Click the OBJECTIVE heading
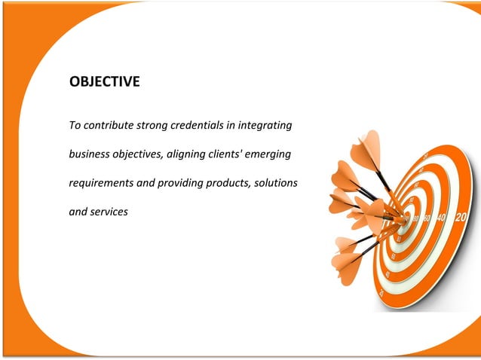(104, 82)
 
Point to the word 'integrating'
(265, 124)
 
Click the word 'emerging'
(277, 154)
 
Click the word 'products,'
(231, 183)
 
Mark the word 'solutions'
(278, 183)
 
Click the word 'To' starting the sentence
(74, 124)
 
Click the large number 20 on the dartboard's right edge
(461, 218)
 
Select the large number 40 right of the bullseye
(442, 218)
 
